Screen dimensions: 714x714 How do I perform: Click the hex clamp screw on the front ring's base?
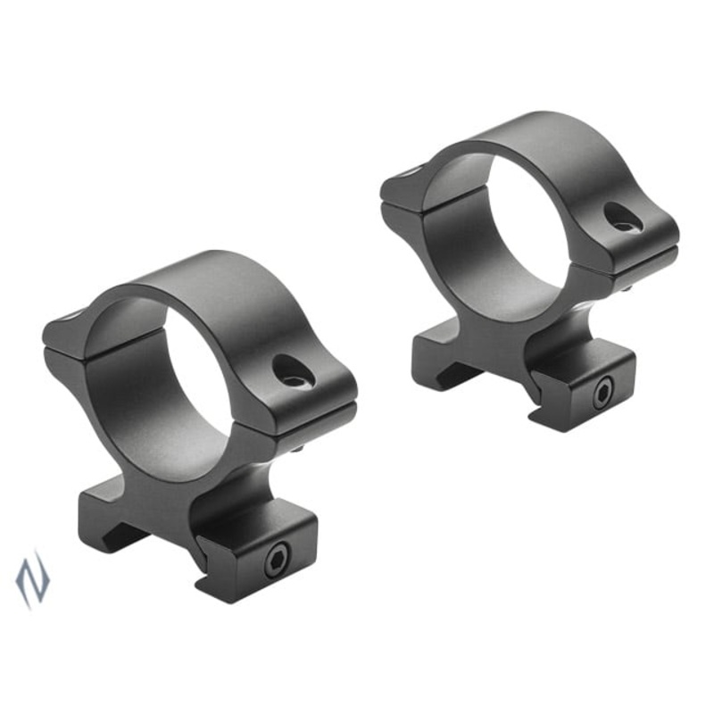[x=274, y=560]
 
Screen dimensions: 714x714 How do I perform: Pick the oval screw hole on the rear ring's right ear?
[x=621, y=217]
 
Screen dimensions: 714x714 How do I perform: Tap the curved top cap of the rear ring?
[x=544, y=143]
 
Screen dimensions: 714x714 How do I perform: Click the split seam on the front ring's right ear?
[x=303, y=412]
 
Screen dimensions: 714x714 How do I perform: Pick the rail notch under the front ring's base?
[x=125, y=535]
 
